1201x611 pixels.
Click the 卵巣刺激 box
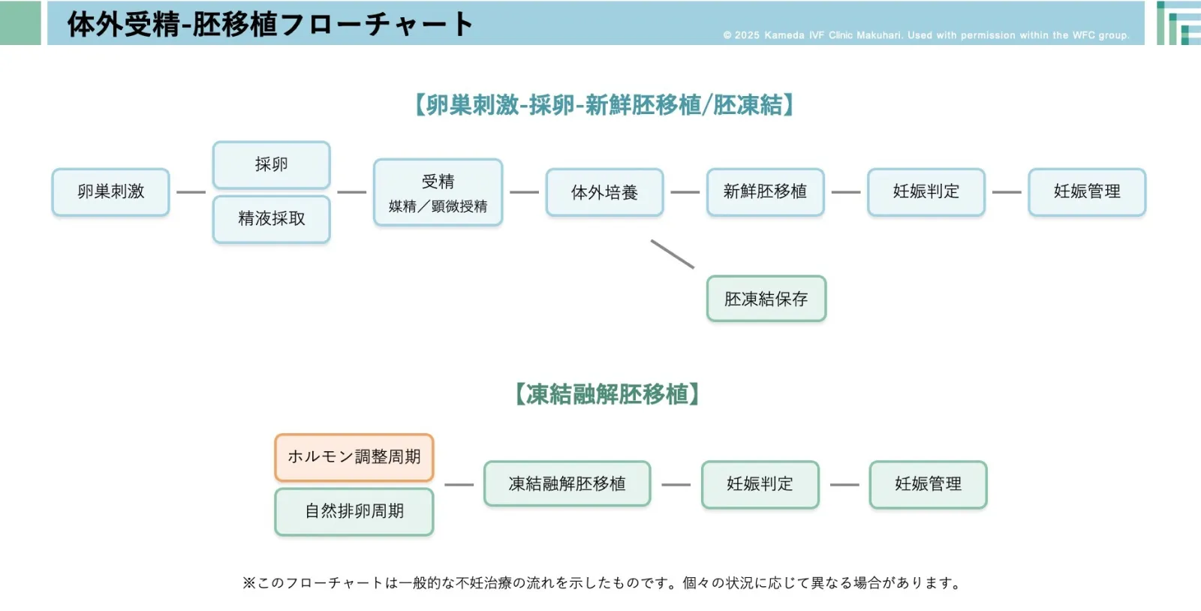pos(110,192)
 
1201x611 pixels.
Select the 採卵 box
pos(271,164)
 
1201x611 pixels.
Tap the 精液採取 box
pos(271,219)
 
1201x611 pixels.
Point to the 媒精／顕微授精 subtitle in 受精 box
pos(438,206)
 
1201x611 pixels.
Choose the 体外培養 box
pos(604,192)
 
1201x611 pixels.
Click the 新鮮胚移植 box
pos(765,192)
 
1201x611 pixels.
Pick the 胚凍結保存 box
pos(766,299)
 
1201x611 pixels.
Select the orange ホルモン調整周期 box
pos(354,457)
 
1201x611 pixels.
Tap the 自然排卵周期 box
pos(354,512)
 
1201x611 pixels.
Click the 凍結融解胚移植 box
pos(567,484)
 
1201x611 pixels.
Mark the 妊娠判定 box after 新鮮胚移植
pos(926,192)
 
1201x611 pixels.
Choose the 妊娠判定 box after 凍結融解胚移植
pos(760,484)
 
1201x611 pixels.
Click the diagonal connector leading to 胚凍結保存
pos(672,254)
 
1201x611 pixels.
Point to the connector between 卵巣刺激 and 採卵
pos(191,192)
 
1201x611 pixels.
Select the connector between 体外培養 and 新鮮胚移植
pos(685,192)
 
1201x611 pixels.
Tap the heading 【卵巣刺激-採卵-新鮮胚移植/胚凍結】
pos(604,105)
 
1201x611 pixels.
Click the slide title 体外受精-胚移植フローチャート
pos(270,24)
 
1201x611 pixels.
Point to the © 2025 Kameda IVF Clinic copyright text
pos(926,35)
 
